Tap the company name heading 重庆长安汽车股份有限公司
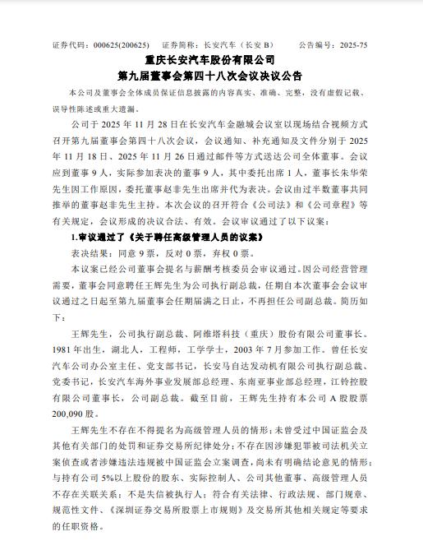point(211,61)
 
